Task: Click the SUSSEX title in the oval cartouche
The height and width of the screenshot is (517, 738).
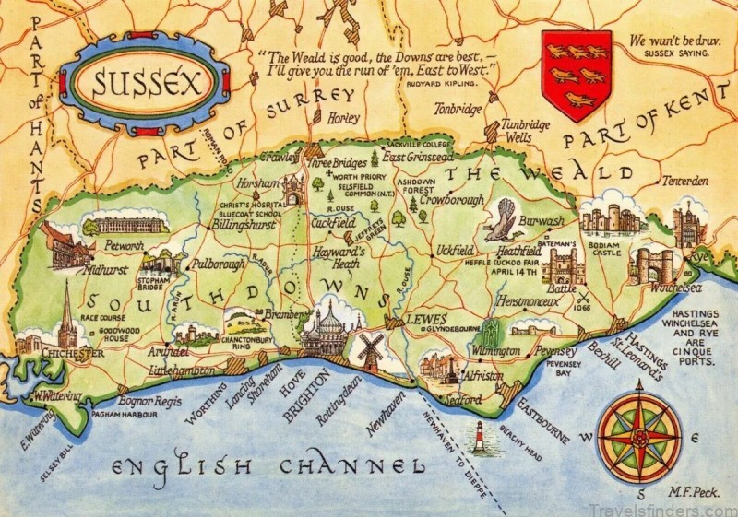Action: [135, 86]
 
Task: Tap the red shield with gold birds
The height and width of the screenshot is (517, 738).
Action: [577, 76]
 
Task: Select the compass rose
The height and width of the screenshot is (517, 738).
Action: [639, 438]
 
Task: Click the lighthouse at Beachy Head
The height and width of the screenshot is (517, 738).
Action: [478, 439]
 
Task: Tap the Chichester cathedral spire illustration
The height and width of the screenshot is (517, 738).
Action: [67, 317]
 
